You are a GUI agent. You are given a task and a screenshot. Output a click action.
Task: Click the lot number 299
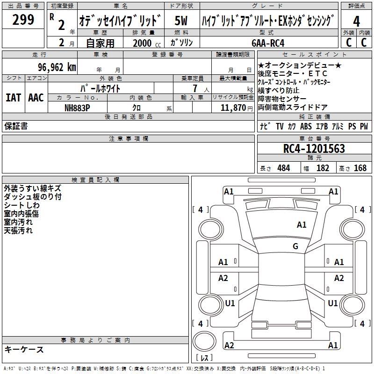[x=23, y=20]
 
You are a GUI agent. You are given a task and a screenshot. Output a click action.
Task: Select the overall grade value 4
[x=356, y=22]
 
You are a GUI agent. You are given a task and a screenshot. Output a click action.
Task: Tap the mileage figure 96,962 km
[x=57, y=67]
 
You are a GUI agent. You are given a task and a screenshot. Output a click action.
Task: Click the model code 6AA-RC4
[x=268, y=43]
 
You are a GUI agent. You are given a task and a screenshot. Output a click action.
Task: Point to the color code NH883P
[x=77, y=108]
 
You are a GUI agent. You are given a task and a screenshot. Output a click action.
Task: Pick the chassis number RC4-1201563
[x=314, y=149]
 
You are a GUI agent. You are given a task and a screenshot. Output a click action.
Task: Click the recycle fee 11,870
[x=233, y=108]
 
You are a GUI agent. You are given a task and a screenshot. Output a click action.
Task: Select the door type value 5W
[x=181, y=21]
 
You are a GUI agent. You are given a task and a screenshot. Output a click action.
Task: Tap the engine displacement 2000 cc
[x=147, y=43]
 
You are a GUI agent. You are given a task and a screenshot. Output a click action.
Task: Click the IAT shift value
[x=13, y=98]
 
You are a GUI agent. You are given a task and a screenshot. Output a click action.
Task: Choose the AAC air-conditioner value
[x=36, y=98]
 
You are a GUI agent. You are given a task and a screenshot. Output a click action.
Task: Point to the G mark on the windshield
[x=295, y=246]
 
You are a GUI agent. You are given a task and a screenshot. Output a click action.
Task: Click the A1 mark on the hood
[x=302, y=225]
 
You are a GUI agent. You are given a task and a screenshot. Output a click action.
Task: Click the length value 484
[x=284, y=168]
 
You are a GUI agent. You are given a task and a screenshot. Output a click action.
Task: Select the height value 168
[x=360, y=168]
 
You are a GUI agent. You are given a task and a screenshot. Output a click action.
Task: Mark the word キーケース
[x=24, y=349]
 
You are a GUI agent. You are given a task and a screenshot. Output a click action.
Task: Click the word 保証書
[x=16, y=126]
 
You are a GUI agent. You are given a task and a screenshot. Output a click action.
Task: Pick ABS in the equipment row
[x=306, y=126]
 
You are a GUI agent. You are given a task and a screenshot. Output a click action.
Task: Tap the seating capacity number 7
[x=195, y=88]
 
